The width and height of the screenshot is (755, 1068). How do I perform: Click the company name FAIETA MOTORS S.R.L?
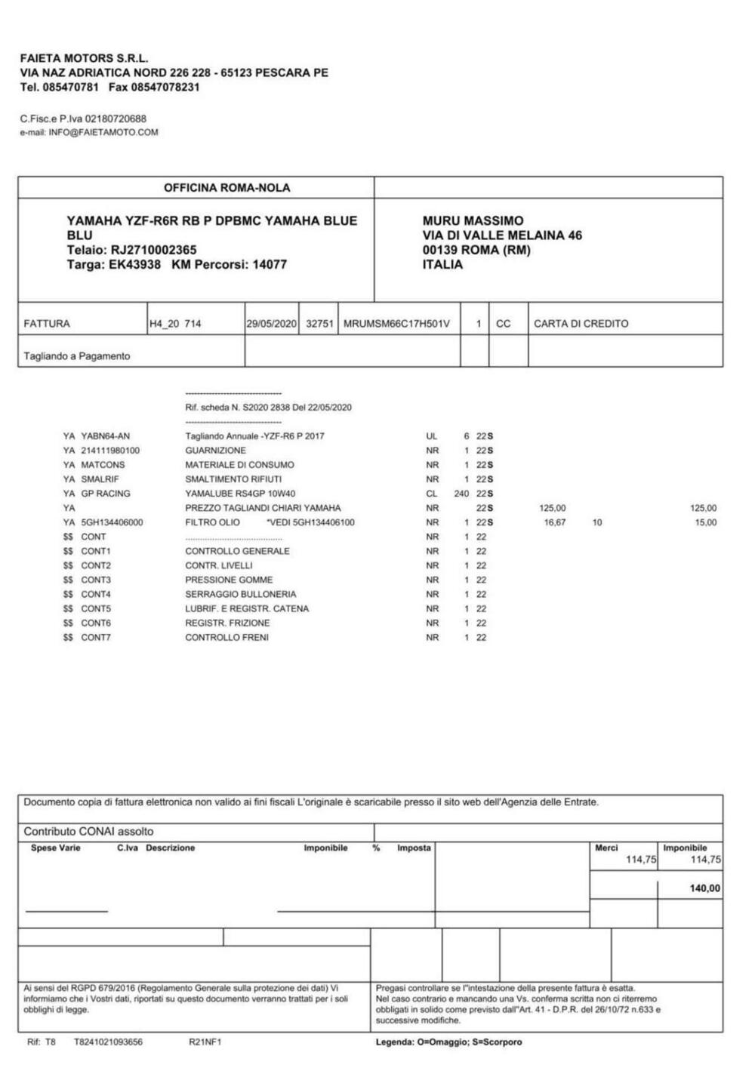(x=84, y=58)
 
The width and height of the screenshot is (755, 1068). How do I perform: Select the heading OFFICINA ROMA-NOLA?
(x=226, y=188)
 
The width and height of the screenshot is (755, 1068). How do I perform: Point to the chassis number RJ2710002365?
(x=154, y=250)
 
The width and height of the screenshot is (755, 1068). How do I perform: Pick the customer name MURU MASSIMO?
(x=473, y=220)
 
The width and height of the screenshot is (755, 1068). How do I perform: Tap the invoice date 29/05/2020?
(x=273, y=324)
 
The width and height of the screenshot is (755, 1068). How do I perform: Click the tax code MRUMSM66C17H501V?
(x=396, y=324)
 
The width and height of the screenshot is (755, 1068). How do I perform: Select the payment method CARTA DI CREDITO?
(x=581, y=324)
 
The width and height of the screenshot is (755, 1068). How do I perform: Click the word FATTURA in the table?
(x=47, y=324)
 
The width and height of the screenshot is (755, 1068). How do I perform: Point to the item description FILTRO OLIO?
(x=212, y=522)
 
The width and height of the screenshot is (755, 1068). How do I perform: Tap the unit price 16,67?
(x=555, y=522)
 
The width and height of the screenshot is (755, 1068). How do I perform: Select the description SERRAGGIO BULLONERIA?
(x=240, y=594)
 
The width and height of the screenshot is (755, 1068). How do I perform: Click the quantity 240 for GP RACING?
(x=461, y=494)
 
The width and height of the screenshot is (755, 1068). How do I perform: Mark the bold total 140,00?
(x=704, y=889)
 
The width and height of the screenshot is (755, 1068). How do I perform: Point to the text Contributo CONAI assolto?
(x=88, y=832)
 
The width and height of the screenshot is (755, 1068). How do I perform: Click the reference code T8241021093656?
(x=108, y=1042)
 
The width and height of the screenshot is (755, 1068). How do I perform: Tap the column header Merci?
(x=606, y=848)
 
